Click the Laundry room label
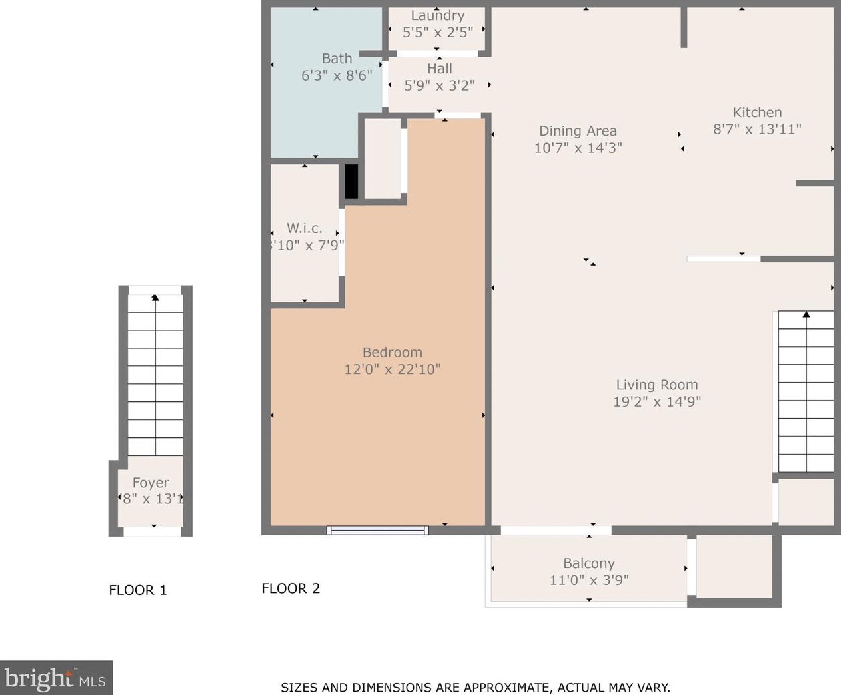tap(437, 15)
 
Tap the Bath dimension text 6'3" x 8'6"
tap(337, 75)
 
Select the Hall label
tap(440, 69)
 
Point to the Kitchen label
tap(757, 113)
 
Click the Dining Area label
tap(578, 131)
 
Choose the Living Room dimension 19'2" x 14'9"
tap(657, 401)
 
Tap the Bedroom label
tap(393, 353)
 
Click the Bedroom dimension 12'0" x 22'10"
tap(393, 369)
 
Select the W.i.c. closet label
tap(305, 228)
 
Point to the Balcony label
tap(589, 563)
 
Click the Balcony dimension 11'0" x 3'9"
tap(589, 580)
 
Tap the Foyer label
tap(151, 483)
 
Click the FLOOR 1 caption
tap(138, 590)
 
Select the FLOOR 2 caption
tap(291, 588)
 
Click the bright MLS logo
tap(56, 678)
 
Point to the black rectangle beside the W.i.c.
tap(351, 181)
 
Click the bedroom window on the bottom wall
tap(377, 530)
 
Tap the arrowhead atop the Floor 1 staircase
tap(155, 298)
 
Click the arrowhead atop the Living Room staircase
tap(806, 314)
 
